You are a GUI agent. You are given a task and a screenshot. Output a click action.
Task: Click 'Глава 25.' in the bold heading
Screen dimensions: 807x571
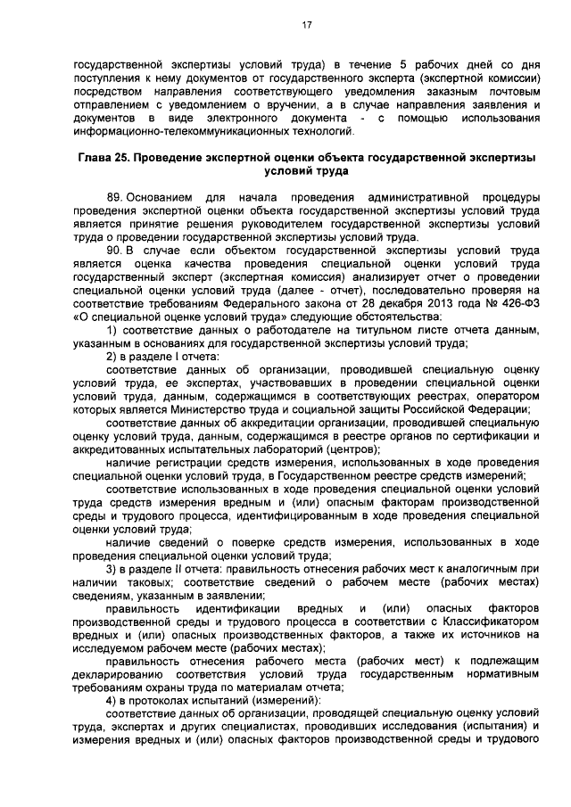tap(102, 156)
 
